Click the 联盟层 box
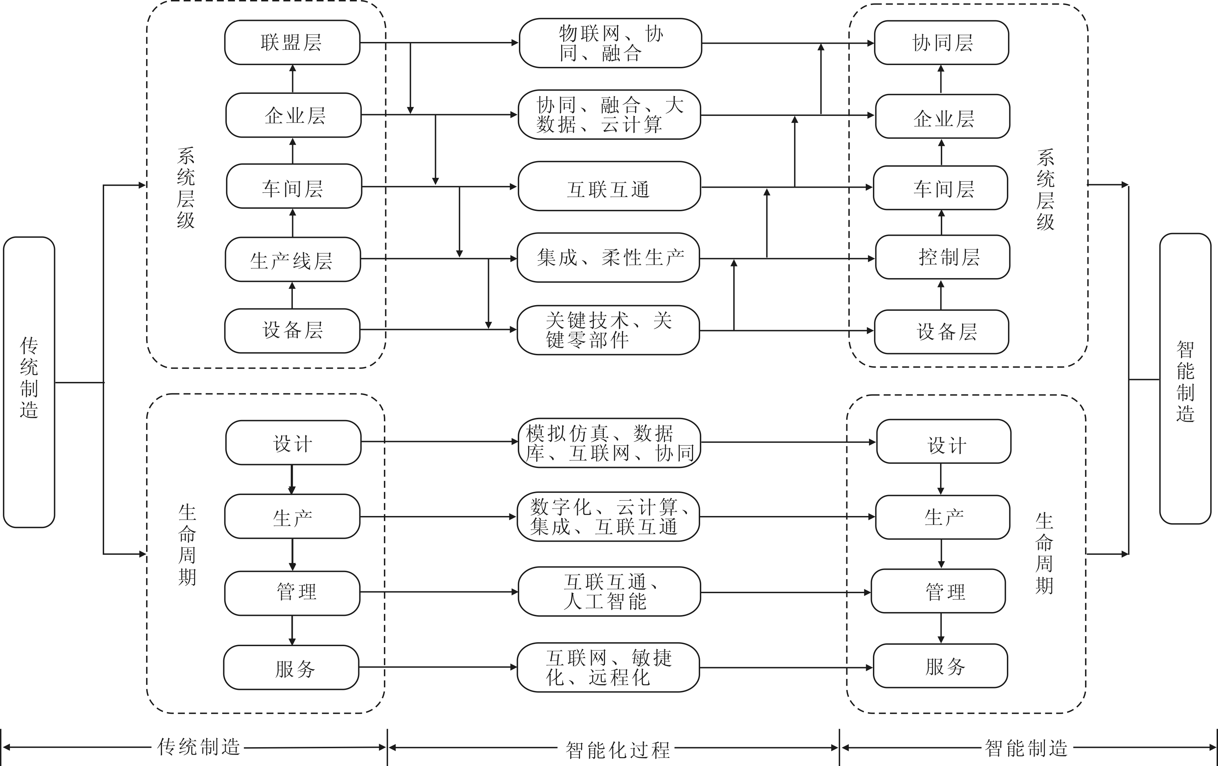pos(292,43)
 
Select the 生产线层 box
pos(293,260)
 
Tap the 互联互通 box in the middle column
pos(609,187)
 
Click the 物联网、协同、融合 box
pos(610,43)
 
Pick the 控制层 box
pos(942,257)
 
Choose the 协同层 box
pos(941,43)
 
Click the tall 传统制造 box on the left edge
pos(29,382)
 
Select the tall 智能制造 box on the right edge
pos(1185,378)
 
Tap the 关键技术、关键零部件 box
pos(608,330)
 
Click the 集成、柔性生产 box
pos(608,257)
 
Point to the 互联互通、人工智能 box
pos(609,591)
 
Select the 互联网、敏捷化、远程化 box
pos(608,667)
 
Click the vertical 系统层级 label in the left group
pos(186,188)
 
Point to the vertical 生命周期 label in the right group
pos(1044,553)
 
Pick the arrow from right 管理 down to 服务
pos(941,628)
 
